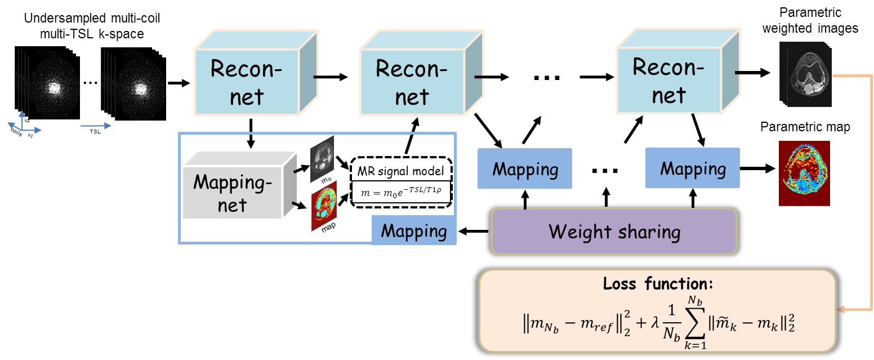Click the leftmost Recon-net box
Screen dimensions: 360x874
(247, 82)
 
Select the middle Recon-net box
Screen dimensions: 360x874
(412, 82)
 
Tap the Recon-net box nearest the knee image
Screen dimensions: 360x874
(669, 81)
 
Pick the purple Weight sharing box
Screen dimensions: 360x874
(614, 232)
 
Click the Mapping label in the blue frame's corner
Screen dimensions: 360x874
(414, 231)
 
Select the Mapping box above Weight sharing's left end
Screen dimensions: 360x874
(525, 169)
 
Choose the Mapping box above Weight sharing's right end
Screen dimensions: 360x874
(693, 168)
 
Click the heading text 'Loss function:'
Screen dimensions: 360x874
(657, 283)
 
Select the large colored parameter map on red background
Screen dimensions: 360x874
(804, 173)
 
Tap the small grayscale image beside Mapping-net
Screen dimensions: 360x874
(322, 159)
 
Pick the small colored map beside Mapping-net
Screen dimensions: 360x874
(324, 206)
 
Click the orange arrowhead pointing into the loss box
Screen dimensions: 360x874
(840, 310)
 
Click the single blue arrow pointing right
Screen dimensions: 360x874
(96, 126)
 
